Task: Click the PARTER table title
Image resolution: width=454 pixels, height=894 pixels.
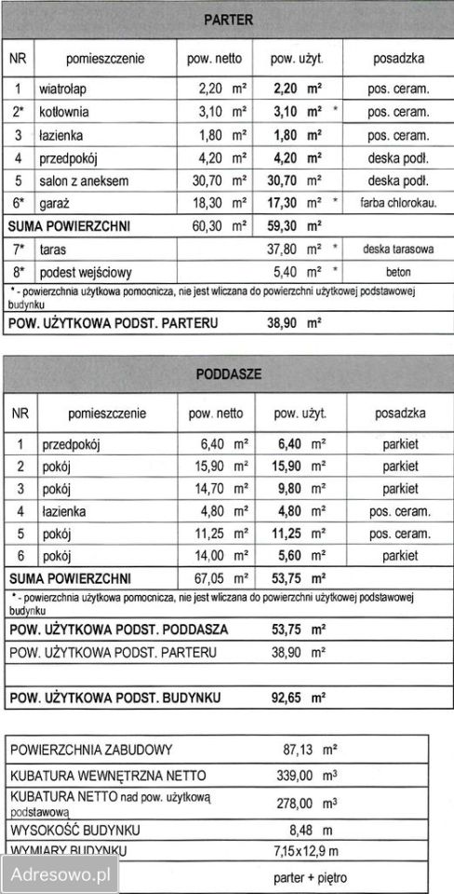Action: click(x=227, y=18)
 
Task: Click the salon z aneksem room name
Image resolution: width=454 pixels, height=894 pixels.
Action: click(x=84, y=180)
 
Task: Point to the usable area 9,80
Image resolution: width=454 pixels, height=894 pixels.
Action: click(x=288, y=489)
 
